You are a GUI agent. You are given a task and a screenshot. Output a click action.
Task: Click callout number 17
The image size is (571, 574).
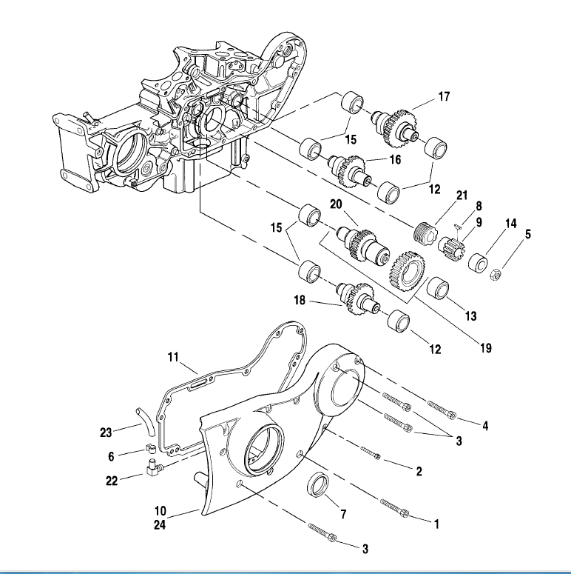(444, 96)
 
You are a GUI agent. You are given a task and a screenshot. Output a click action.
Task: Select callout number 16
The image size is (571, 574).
(395, 159)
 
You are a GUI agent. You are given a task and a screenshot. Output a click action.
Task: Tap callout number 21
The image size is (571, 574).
(462, 195)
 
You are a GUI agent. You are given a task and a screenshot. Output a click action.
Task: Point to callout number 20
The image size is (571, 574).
(336, 204)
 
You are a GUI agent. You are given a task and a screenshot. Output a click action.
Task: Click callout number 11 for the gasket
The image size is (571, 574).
(173, 357)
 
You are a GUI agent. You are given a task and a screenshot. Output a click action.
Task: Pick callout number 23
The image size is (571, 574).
(106, 433)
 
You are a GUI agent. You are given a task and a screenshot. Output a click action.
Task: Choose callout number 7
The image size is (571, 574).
(343, 514)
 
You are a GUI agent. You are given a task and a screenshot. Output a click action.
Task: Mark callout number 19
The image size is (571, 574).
(486, 348)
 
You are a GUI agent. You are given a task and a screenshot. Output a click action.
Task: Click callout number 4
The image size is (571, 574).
(485, 426)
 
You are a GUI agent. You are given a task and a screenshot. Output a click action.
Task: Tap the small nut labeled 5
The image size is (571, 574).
(495, 274)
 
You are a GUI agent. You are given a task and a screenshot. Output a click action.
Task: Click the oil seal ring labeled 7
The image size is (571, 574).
(317, 484)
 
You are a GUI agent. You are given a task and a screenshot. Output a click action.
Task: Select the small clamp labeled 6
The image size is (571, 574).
(149, 447)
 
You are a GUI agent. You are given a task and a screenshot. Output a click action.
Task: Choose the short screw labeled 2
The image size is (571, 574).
(371, 453)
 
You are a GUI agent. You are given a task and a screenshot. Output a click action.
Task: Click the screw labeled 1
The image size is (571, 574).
(394, 508)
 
